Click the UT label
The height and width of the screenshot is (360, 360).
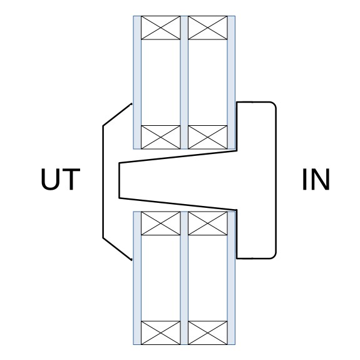pos(61,179)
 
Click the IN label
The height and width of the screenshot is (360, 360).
pos(316,179)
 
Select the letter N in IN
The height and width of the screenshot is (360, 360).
pos(321,179)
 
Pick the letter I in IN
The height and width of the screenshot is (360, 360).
pos(304,179)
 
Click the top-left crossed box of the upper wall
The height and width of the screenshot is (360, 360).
pos(161,28)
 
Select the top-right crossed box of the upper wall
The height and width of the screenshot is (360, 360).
pos(208,28)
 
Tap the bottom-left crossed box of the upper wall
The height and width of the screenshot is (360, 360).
pos(161,137)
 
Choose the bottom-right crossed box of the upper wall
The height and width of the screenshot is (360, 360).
pos(208,137)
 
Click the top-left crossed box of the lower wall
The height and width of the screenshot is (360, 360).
pos(161,224)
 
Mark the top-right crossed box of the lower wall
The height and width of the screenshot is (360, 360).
pos(208,224)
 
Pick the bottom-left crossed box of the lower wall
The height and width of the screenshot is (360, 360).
pos(161,332)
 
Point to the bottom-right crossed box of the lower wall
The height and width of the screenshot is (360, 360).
pos(208,332)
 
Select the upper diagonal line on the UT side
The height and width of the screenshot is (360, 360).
pos(117,115)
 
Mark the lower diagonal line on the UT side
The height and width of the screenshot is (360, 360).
pos(117,249)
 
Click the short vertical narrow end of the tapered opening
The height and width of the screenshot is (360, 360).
pos(119,180)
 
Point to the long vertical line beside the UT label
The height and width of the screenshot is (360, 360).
pos(103,182)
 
